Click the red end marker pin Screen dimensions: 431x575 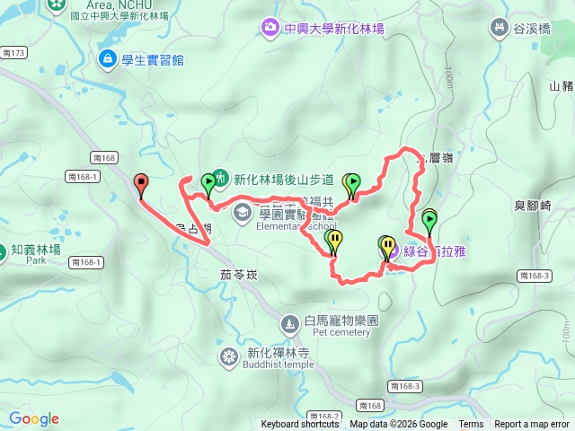tap(140, 183)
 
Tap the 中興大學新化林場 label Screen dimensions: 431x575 tap(333, 29)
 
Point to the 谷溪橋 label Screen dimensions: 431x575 tap(531, 29)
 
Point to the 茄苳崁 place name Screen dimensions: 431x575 tap(239, 275)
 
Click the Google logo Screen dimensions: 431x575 tap(33, 418)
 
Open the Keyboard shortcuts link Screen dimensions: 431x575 tap(300, 425)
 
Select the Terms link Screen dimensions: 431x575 tap(471, 425)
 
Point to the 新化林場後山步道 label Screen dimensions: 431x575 tap(289, 179)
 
